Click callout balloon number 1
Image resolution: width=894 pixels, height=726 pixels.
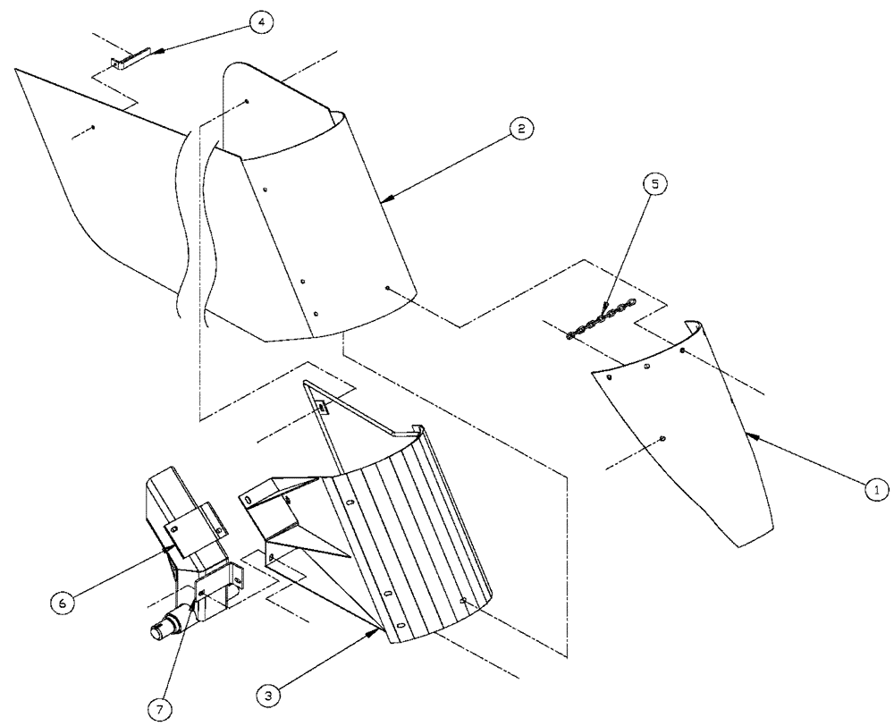877,489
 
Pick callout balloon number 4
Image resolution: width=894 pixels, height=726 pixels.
261,21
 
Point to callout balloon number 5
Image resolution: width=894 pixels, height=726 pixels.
656,185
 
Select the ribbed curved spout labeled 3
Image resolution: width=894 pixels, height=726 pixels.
411,536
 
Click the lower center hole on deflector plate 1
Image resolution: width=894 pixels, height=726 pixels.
662,437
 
